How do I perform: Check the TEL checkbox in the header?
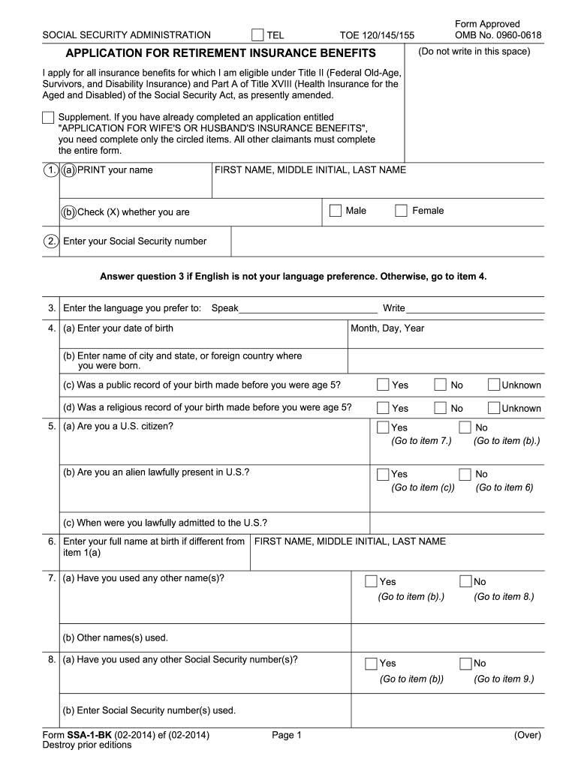(257, 34)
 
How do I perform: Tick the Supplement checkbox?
(48, 118)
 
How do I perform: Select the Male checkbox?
(336, 211)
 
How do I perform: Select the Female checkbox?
(402, 211)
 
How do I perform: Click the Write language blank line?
(475, 308)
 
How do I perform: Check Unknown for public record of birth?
(493, 385)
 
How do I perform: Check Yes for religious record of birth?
(383, 408)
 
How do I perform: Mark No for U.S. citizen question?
(465, 427)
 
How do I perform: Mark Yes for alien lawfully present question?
(383, 474)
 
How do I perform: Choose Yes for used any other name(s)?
(371, 581)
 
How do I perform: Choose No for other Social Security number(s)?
(465, 663)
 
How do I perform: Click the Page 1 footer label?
(287, 736)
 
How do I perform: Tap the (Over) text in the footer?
(527, 736)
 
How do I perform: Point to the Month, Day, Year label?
(388, 328)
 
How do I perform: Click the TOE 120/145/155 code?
(377, 35)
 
